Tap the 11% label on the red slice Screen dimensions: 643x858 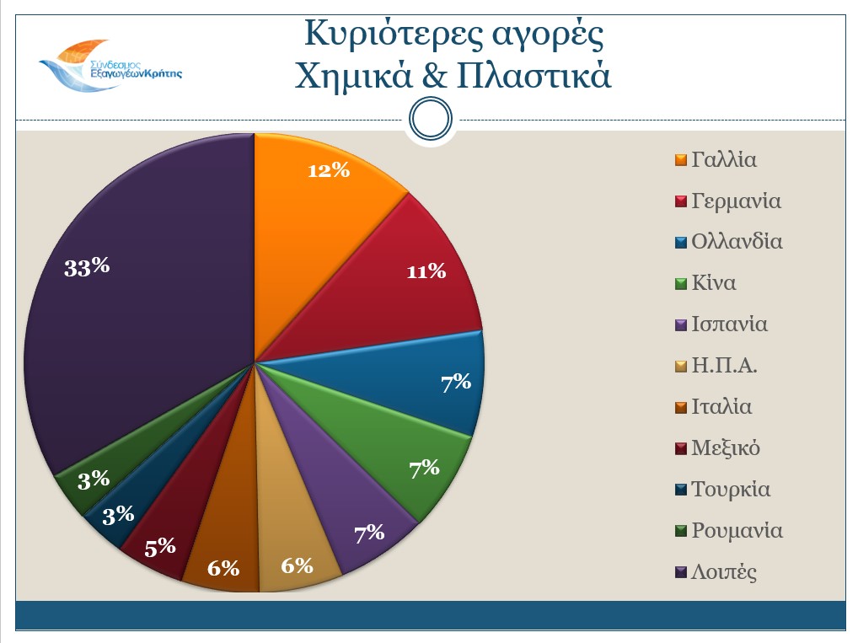426,271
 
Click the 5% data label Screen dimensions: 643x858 159,547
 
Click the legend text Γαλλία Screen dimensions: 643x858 723,159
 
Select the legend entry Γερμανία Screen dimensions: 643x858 736,201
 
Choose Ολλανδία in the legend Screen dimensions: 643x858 737,242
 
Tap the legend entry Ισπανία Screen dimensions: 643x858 729,324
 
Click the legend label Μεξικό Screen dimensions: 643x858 726,448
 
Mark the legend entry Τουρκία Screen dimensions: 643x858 730,490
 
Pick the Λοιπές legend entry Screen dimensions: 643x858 723,572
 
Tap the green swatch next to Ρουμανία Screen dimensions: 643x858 681,532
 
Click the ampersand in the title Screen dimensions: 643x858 431,77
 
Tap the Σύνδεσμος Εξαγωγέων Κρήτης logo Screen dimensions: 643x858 110,67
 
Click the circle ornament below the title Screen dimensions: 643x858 432,121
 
